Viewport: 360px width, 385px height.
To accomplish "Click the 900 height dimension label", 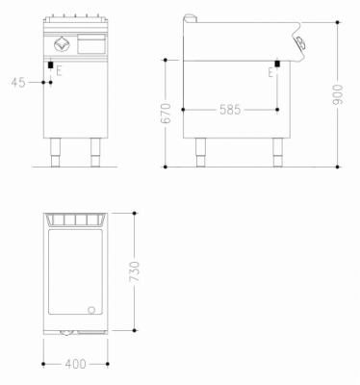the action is point(338,94).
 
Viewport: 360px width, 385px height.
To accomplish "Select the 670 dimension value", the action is point(166,114).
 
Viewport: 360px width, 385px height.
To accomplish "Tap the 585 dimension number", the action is point(230,110).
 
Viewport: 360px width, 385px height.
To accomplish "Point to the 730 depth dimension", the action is point(134,271).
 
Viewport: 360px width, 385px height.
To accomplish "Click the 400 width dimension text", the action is point(75,364).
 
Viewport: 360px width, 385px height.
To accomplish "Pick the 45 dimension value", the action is point(18,83).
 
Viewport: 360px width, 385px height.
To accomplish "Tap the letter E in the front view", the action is point(59,70).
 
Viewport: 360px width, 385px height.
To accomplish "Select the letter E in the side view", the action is point(271,73).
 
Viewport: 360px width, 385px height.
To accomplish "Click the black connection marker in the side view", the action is point(277,64).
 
